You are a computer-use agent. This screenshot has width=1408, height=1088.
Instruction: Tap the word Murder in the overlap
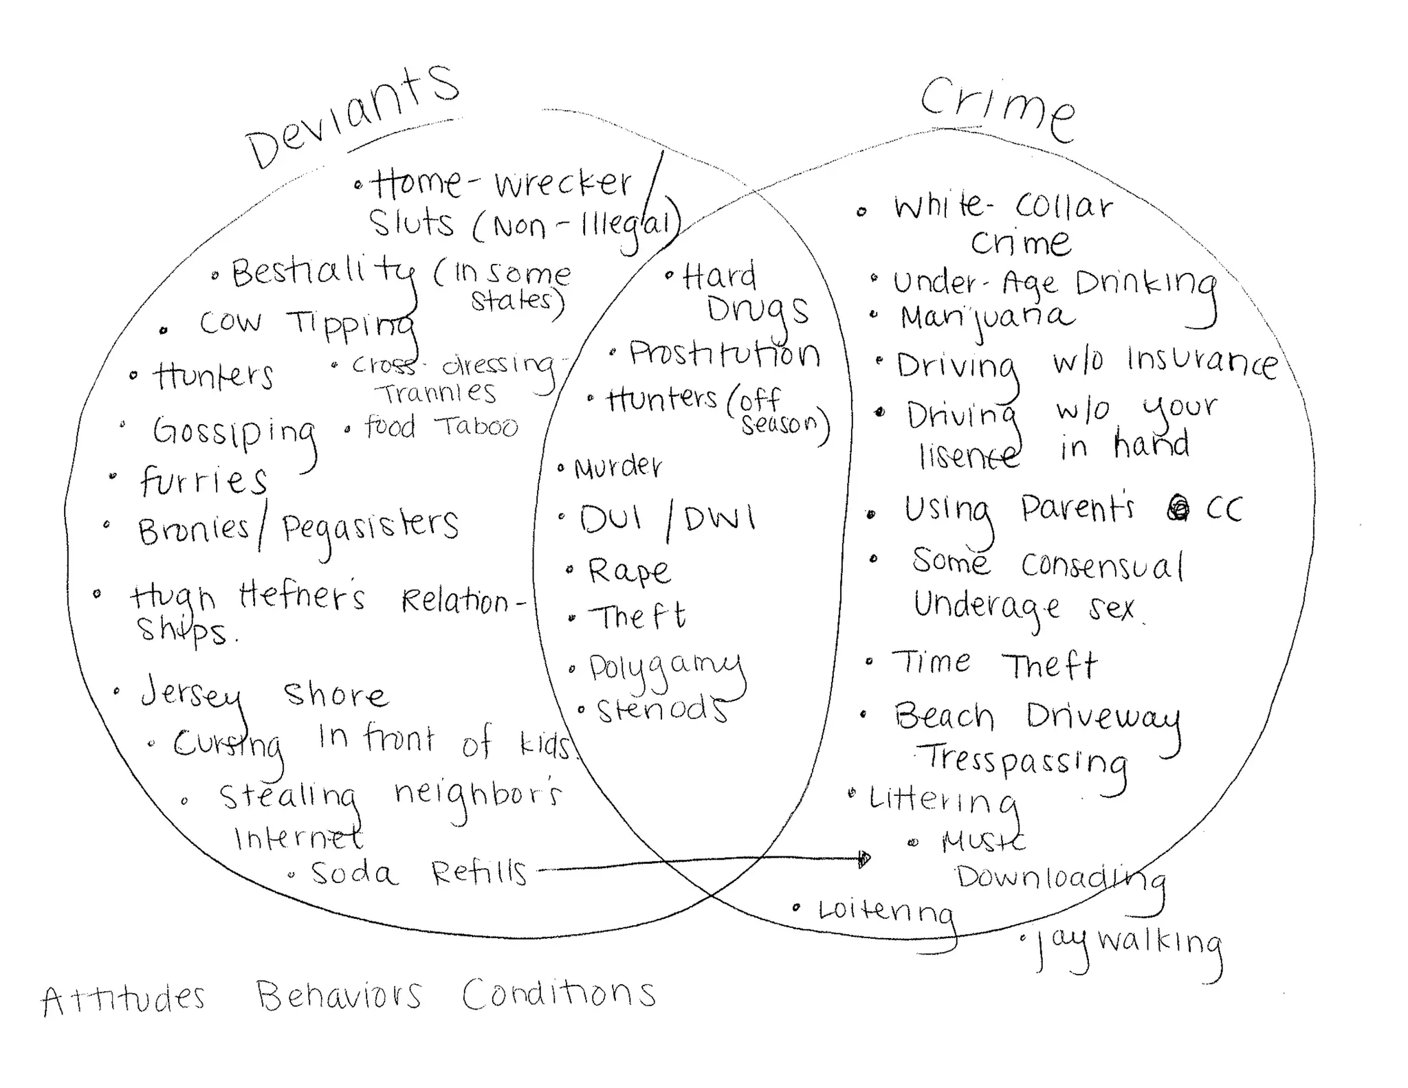tap(617, 467)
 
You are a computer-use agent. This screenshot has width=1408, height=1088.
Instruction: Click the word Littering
tap(942, 801)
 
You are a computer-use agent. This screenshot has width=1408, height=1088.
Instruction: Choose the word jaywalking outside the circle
tap(1127, 945)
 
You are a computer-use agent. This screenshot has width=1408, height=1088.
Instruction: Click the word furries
tap(203, 480)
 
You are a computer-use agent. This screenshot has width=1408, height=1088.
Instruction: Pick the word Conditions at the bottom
tap(558, 995)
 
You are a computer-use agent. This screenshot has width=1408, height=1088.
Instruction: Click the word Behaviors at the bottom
tap(339, 996)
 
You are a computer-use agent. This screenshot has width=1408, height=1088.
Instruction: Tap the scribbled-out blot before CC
tap(1178, 508)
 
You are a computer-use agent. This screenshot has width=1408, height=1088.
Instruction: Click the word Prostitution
tap(724, 354)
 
